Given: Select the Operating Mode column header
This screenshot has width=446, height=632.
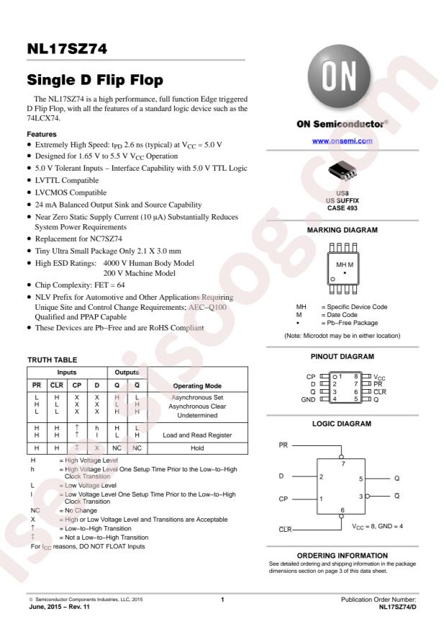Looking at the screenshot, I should click(x=188, y=386).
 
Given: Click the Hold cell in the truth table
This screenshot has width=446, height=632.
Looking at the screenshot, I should click(x=188, y=447).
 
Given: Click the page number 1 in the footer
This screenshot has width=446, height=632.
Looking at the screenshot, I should click(x=223, y=600).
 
